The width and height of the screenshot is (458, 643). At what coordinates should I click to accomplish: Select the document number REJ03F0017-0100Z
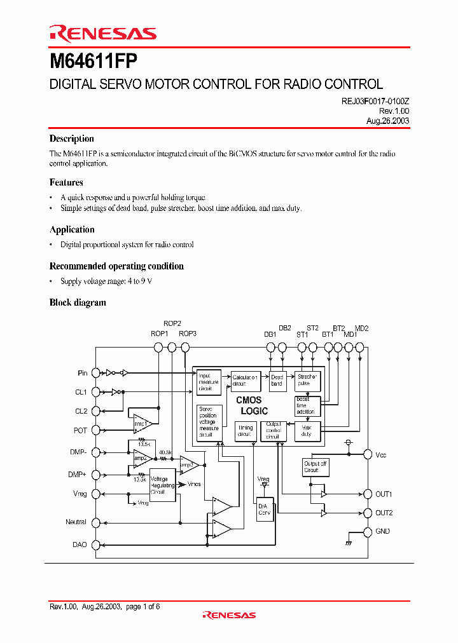pos(371,101)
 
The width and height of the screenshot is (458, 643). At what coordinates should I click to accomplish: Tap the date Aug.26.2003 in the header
pos(387,121)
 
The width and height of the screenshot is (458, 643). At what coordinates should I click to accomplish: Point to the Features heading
pos(66,182)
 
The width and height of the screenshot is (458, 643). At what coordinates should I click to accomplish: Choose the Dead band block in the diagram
pos(277,380)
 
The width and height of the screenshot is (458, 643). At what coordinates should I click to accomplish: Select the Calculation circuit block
pos(244,380)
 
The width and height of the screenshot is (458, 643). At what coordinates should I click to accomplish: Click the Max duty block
pos(307,431)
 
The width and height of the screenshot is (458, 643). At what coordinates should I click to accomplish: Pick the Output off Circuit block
pos(316,467)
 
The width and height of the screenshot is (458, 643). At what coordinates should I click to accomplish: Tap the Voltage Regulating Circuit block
pos(162,485)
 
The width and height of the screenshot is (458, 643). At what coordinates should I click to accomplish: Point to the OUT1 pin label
pos(384,494)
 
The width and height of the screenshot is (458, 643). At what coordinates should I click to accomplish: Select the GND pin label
pos(383,531)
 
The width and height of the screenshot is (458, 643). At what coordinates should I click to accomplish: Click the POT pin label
pos(80,430)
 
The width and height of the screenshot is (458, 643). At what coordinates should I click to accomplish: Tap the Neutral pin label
pos(76,522)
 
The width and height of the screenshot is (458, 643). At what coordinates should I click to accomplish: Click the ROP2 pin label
pos(172,323)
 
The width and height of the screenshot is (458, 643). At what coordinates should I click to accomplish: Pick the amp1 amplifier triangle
pos(142,423)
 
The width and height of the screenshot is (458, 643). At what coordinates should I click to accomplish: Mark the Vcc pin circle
pos(367,454)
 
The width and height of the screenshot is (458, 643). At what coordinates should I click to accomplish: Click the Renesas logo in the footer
pos(229,615)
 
